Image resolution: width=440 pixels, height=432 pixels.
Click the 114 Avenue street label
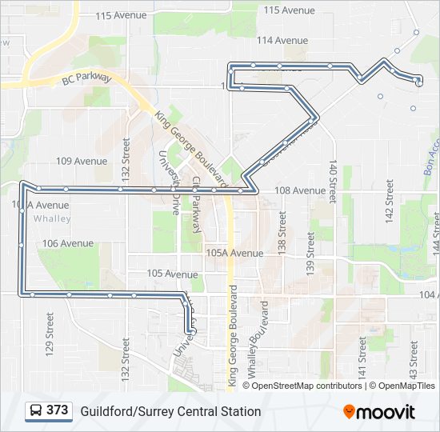point(282,40)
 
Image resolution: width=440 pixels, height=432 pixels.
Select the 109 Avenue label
point(82,161)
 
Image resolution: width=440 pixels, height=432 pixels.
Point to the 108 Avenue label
point(300,190)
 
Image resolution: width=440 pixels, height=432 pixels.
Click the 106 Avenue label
point(68,243)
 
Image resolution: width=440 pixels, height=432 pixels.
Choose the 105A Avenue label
point(234,253)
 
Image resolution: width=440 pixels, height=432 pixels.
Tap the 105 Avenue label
point(172,274)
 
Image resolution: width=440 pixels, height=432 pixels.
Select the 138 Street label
point(282,232)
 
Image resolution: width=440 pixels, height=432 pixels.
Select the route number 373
point(58,410)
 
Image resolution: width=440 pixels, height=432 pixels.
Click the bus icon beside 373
point(36,411)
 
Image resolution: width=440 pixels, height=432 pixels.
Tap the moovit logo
point(379,411)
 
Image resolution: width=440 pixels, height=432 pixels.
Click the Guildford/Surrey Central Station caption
point(170,411)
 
